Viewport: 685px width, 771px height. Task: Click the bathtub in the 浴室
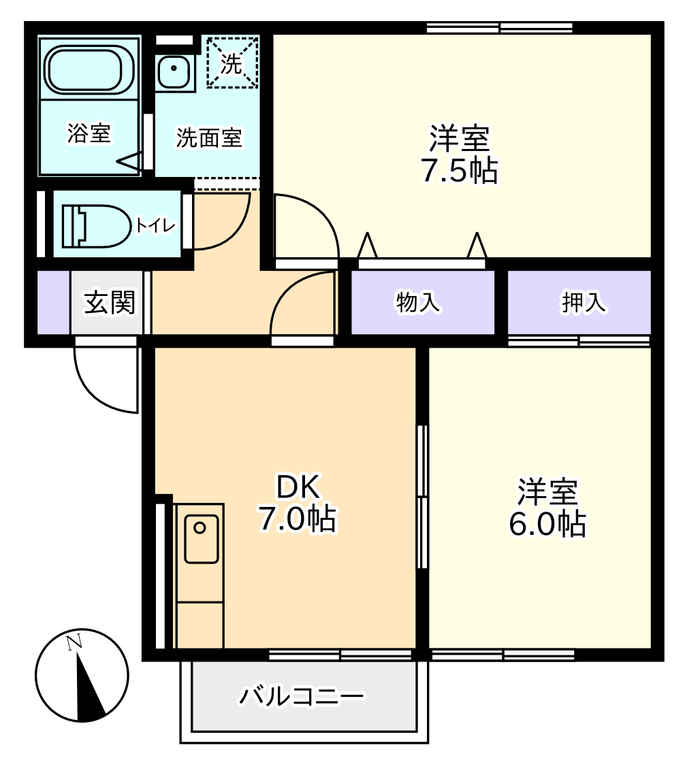pyautogui.click(x=89, y=69)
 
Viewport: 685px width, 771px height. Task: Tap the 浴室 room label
pyautogui.click(x=89, y=133)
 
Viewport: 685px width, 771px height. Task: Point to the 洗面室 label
pyautogui.click(x=209, y=138)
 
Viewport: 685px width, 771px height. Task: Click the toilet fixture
pyautogui.click(x=95, y=225)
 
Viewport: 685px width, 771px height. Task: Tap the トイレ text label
pyautogui.click(x=155, y=225)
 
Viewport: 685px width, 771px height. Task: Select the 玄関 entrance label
pyautogui.click(x=109, y=304)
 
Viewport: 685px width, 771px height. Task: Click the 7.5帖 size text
pyautogui.click(x=459, y=171)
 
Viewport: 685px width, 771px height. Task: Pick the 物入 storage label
pyautogui.click(x=418, y=304)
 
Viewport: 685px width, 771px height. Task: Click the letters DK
pyautogui.click(x=297, y=487)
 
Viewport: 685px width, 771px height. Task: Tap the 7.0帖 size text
pyautogui.click(x=297, y=520)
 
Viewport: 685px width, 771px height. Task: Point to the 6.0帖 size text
pyautogui.click(x=547, y=523)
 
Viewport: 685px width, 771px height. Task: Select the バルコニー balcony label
pyautogui.click(x=302, y=696)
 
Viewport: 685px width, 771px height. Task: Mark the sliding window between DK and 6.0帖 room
pyautogui.click(x=423, y=497)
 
